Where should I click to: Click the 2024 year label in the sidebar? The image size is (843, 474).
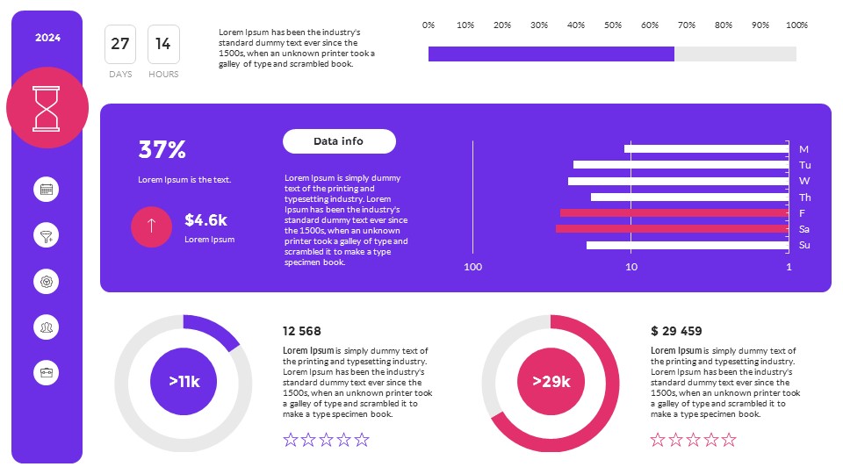(x=47, y=38)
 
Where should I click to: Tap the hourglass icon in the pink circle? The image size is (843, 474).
(x=47, y=107)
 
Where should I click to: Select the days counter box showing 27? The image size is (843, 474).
(x=120, y=44)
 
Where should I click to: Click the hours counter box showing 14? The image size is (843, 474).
(x=163, y=44)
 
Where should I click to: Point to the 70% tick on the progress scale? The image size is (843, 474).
(x=687, y=25)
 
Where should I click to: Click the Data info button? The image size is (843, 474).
(x=339, y=141)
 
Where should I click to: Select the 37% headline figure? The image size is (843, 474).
(x=162, y=150)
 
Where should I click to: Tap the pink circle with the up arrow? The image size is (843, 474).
(x=152, y=226)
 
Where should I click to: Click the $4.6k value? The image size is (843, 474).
(x=206, y=220)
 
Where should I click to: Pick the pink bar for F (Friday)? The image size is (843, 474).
(x=674, y=213)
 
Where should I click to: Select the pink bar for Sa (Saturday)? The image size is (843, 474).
(x=672, y=229)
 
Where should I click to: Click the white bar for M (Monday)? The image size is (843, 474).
(x=706, y=148)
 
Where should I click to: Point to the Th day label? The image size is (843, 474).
(x=804, y=197)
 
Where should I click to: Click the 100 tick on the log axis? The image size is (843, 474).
(x=473, y=267)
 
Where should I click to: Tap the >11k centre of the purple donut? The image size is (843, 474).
(x=184, y=382)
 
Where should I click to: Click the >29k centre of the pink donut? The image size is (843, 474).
(x=551, y=382)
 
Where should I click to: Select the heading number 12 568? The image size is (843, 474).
(x=302, y=331)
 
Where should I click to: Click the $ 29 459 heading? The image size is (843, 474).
(x=676, y=331)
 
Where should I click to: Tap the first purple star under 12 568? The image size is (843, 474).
(x=291, y=440)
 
